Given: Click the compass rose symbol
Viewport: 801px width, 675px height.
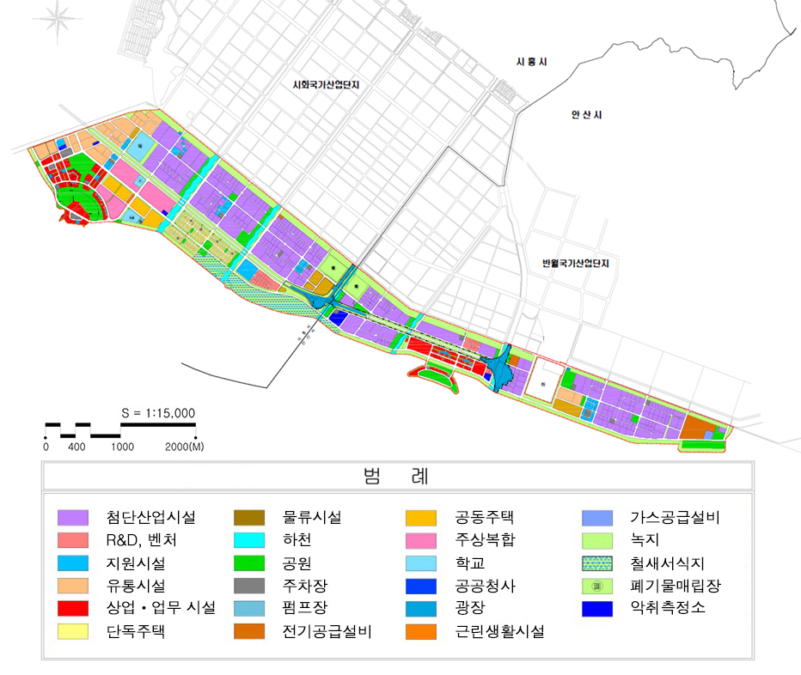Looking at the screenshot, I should tap(58, 19).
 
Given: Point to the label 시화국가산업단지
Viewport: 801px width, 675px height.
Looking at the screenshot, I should tap(324, 85).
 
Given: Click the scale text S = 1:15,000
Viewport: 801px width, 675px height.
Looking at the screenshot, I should tap(158, 413).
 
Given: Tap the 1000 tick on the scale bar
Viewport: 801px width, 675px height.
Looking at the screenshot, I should tap(121, 447).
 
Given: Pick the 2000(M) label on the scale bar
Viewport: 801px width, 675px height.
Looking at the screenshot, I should tap(184, 447).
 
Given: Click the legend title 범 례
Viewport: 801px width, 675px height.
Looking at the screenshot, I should tap(397, 476).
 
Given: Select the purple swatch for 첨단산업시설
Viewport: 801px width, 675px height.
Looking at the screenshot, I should tap(73, 518).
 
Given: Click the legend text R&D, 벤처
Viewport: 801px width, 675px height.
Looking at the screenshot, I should tap(144, 541).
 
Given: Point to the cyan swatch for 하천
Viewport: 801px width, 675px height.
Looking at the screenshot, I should tap(249, 541).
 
